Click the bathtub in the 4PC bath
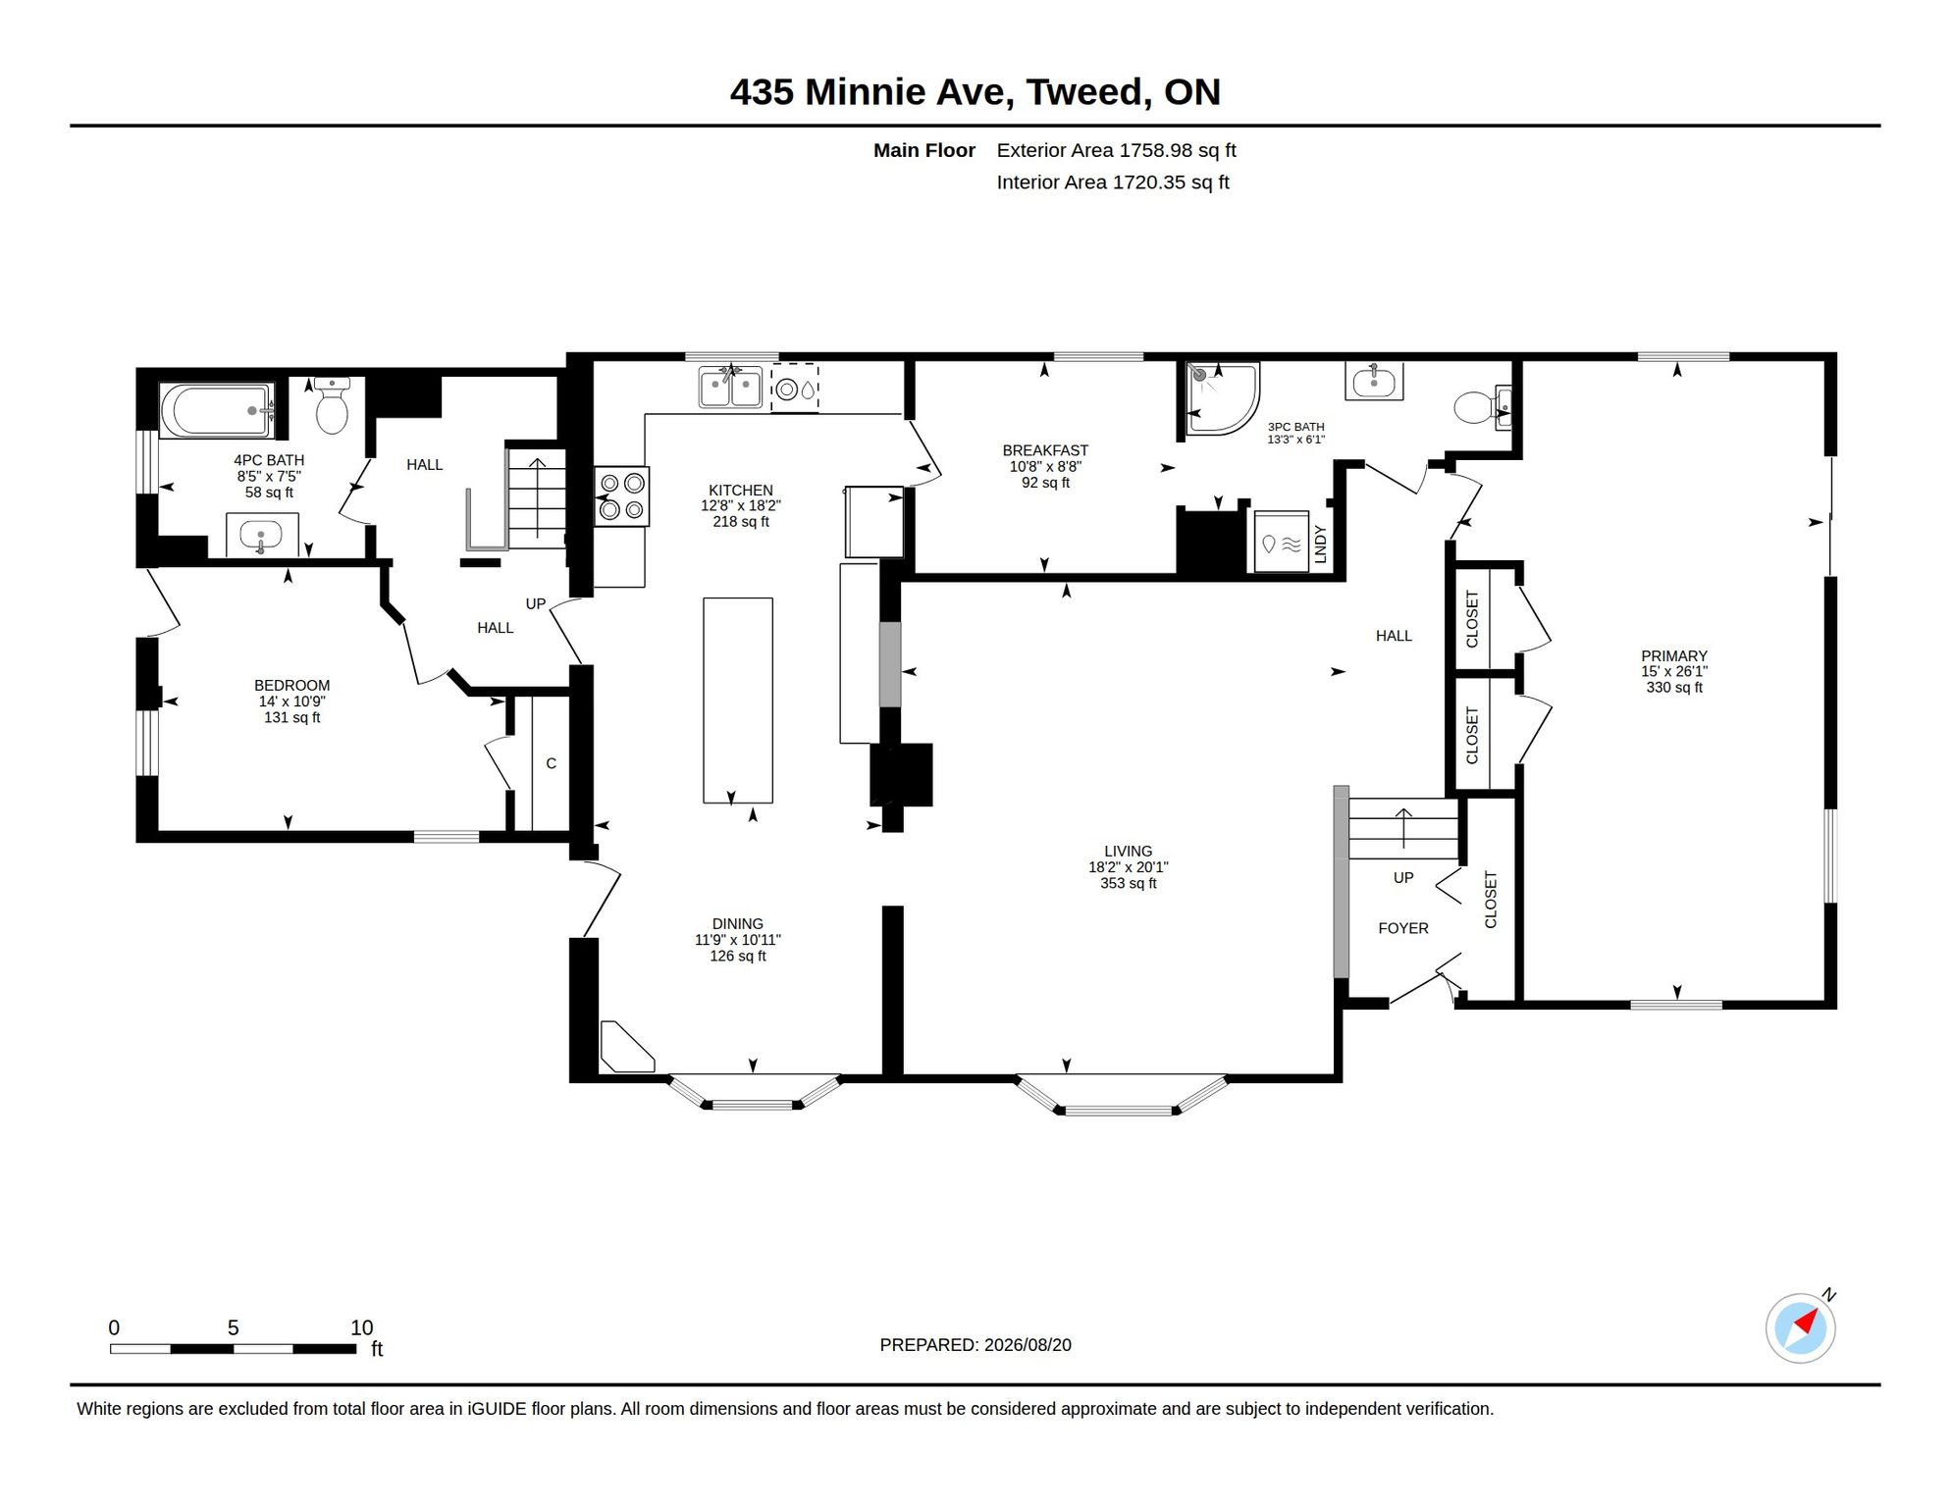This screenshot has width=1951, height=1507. click(217, 411)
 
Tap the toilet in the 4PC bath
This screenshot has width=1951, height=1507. click(332, 405)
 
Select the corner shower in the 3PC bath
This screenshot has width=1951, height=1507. click(1222, 398)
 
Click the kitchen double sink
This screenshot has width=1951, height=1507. click(731, 387)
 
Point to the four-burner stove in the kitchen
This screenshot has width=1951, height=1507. click(621, 495)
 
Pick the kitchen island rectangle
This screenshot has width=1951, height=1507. click(738, 701)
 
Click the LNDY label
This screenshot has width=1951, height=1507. click(1320, 544)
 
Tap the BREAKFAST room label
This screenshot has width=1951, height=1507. click(1045, 450)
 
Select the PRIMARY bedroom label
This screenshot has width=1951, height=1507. click(1674, 655)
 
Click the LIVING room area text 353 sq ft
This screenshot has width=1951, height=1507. click(1129, 883)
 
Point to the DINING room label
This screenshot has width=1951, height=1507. click(738, 924)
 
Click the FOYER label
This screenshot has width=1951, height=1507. click(1403, 928)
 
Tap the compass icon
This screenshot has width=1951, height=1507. click(1801, 1328)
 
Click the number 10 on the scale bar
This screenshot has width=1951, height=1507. click(362, 1327)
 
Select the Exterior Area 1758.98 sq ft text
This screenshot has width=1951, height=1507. click(1116, 150)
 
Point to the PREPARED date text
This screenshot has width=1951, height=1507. click(975, 1345)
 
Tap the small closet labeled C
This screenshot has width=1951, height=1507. click(551, 763)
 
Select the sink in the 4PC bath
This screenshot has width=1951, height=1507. click(261, 535)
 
